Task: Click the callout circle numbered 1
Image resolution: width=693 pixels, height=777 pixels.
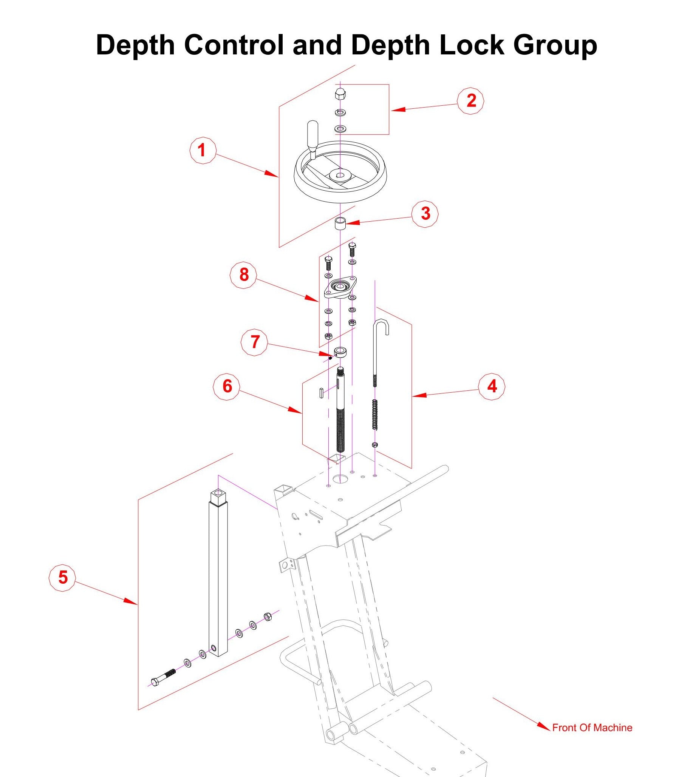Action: (203, 151)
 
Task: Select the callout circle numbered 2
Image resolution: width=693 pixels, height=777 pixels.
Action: (471, 101)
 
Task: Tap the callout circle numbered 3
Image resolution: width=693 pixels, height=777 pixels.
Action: (425, 214)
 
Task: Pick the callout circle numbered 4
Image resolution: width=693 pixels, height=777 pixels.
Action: (492, 387)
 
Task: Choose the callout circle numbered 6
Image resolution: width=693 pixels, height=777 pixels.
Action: (227, 387)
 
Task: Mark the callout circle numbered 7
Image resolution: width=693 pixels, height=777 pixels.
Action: (254, 342)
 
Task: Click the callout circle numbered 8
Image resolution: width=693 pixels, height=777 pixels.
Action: (244, 275)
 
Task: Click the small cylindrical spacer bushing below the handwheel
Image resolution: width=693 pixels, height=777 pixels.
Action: (340, 224)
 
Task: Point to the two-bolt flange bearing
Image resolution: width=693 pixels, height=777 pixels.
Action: (340, 287)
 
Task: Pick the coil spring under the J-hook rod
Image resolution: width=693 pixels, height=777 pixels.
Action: (375, 415)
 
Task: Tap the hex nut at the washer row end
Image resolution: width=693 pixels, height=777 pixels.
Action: (267, 617)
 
